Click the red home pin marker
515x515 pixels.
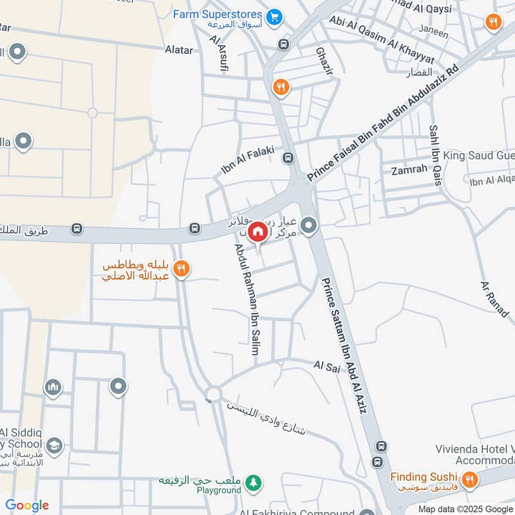[257, 231]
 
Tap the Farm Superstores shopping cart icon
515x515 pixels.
[275, 16]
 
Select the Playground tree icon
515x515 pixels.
[255, 482]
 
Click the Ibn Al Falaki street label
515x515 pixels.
[248, 161]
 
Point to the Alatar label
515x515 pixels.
[178, 50]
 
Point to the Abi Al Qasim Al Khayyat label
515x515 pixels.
[382, 40]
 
